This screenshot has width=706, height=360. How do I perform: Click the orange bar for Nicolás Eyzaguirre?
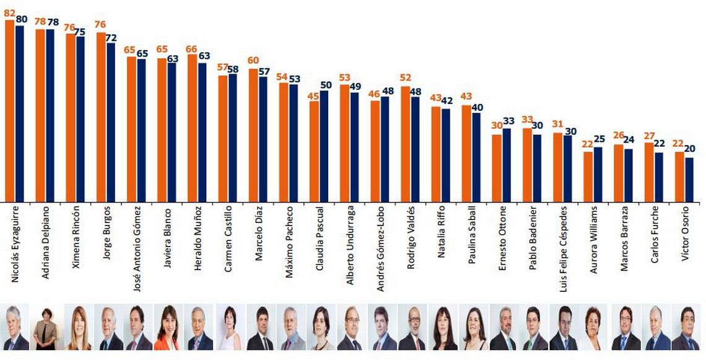9,112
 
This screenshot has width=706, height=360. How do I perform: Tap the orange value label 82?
9,12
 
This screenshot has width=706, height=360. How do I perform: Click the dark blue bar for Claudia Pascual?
324,146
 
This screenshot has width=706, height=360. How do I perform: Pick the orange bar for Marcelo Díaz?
253,135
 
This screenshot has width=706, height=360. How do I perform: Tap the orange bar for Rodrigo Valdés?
405,144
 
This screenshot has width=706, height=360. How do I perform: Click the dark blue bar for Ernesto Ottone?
507,165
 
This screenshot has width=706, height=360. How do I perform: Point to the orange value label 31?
557,124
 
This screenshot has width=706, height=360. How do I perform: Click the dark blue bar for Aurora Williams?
598,174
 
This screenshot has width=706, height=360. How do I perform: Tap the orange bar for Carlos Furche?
649,172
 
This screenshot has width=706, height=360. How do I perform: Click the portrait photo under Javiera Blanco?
167,328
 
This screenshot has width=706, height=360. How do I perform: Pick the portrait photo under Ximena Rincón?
76,328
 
